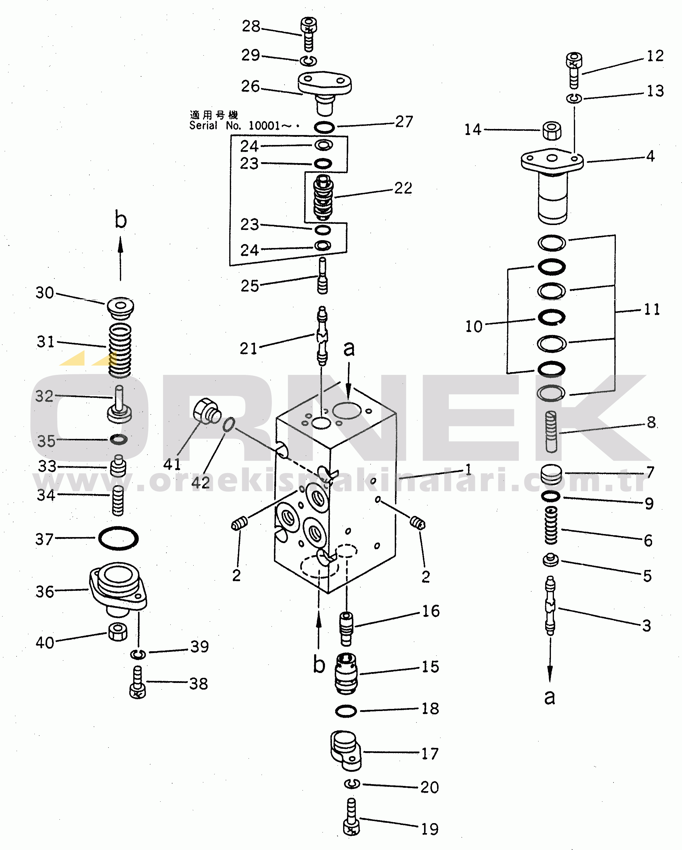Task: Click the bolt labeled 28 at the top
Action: pyautogui.click(x=309, y=34)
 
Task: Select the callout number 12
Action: pyautogui.click(x=655, y=56)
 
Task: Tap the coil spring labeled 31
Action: pyautogui.click(x=120, y=350)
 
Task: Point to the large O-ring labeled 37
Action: pyautogui.click(x=118, y=538)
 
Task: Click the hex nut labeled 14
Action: pyautogui.click(x=552, y=130)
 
